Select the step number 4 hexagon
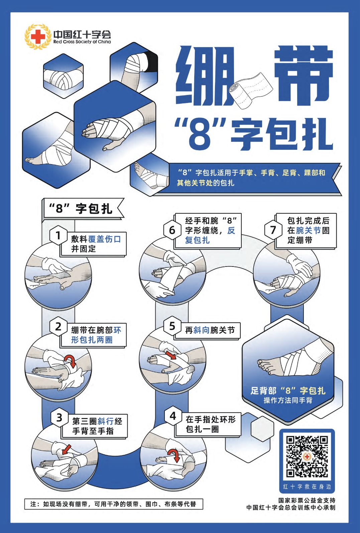coord(173,416)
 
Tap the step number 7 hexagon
coord(273,230)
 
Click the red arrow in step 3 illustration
coord(67,449)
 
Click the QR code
coord(307,456)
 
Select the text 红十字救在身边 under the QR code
coord(307,487)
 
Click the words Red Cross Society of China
coord(82,42)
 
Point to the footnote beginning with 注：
coord(114,504)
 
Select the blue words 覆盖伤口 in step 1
coord(104,239)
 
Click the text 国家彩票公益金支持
coord(307,500)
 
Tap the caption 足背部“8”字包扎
coord(288,391)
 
